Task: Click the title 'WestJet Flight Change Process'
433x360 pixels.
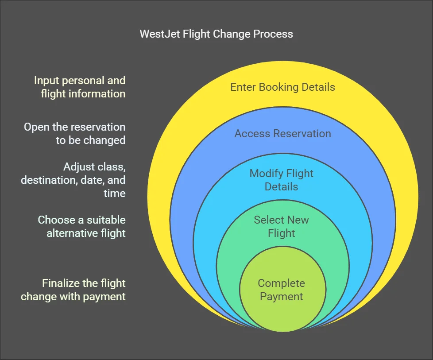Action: coord(216,34)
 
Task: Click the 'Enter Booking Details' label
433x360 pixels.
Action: coord(282,87)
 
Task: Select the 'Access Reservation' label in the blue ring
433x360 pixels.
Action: coord(282,133)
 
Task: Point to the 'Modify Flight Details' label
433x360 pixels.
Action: coord(282,180)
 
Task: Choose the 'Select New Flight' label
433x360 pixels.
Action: coord(282,226)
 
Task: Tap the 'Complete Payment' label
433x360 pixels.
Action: coord(282,290)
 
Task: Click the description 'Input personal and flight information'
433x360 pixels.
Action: coord(80,87)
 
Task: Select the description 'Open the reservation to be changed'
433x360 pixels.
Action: coord(74,133)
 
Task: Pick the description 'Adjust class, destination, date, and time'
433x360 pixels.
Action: coord(73,180)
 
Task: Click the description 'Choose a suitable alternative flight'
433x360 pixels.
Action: coord(82,226)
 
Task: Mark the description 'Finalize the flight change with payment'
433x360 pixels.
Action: coord(73,290)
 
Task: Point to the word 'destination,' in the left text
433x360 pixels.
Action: coord(49,180)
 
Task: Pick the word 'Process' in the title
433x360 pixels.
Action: coord(273,34)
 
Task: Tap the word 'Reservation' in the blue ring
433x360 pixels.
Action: coord(302,133)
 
